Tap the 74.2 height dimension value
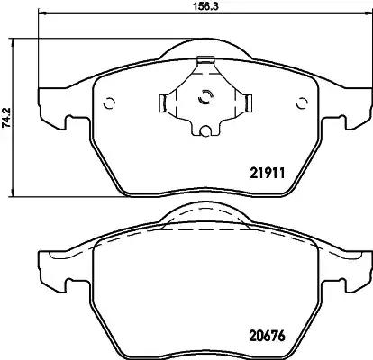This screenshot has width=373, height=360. [x=6, y=118]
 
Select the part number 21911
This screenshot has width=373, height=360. [x=267, y=173]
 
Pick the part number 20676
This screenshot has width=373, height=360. [x=267, y=336]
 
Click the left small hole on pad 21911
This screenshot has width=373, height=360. [x=109, y=103]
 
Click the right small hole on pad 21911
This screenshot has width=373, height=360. [x=302, y=103]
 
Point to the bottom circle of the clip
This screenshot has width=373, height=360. [x=205, y=130]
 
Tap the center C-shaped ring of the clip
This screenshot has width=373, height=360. [x=205, y=96]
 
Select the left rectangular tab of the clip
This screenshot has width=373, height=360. [x=162, y=103]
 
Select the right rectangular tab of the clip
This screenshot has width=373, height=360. [x=249, y=103]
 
